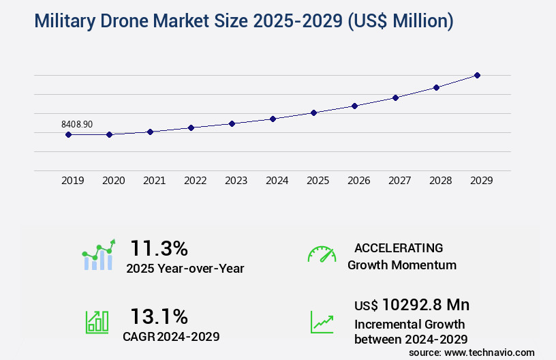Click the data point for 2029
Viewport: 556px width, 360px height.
click(x=477, y=75)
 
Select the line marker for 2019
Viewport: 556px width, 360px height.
click(x=68, y=134)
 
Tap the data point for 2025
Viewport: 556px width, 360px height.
click(x=313, y=112)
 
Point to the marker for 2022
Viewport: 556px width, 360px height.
click(x=191, y=127)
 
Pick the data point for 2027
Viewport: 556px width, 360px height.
click(x=395, y=97)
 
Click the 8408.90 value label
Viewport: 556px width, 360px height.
click(x=77, y=124)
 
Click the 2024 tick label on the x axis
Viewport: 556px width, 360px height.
click(x=277, y=181)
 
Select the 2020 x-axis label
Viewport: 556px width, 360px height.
click(x=113, y=181)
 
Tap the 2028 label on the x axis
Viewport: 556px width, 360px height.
click(x=440, y=181)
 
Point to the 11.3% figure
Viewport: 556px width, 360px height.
click(x=159, y=247)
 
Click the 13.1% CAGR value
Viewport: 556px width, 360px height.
click(x=159, y=316)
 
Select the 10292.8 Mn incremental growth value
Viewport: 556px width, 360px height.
click(x=412, y=304)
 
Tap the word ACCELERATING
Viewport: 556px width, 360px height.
click(x=399, y=248)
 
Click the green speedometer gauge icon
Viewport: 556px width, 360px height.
click(x=322, y=254)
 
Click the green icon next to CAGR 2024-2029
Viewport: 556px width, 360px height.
click(x=97, y=322)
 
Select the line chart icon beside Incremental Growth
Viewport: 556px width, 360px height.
click(x=322, y=322)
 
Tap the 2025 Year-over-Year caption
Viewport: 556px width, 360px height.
click(x=185, y=269)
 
